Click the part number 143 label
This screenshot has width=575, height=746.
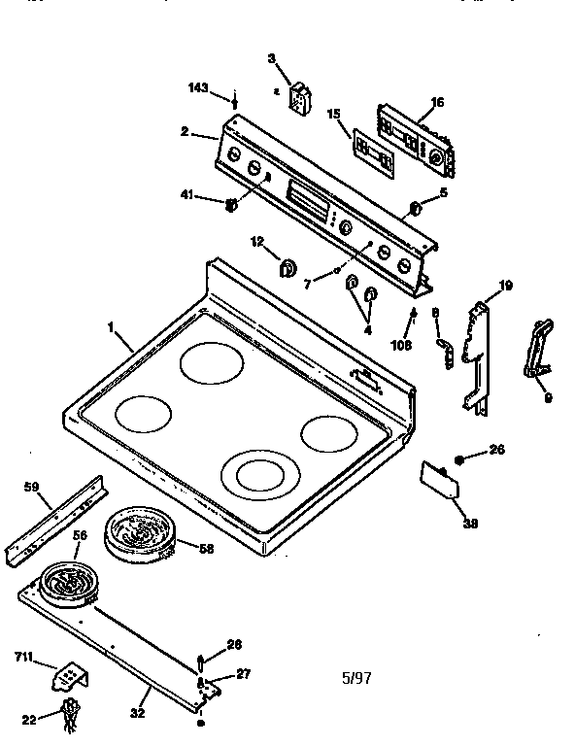coord(197,88)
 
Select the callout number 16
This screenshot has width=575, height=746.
coord(437,101)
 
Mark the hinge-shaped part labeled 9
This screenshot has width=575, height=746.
coord(537,346)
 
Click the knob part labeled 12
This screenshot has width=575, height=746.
coord(287,269)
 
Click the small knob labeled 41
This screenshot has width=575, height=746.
coord(231,204)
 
